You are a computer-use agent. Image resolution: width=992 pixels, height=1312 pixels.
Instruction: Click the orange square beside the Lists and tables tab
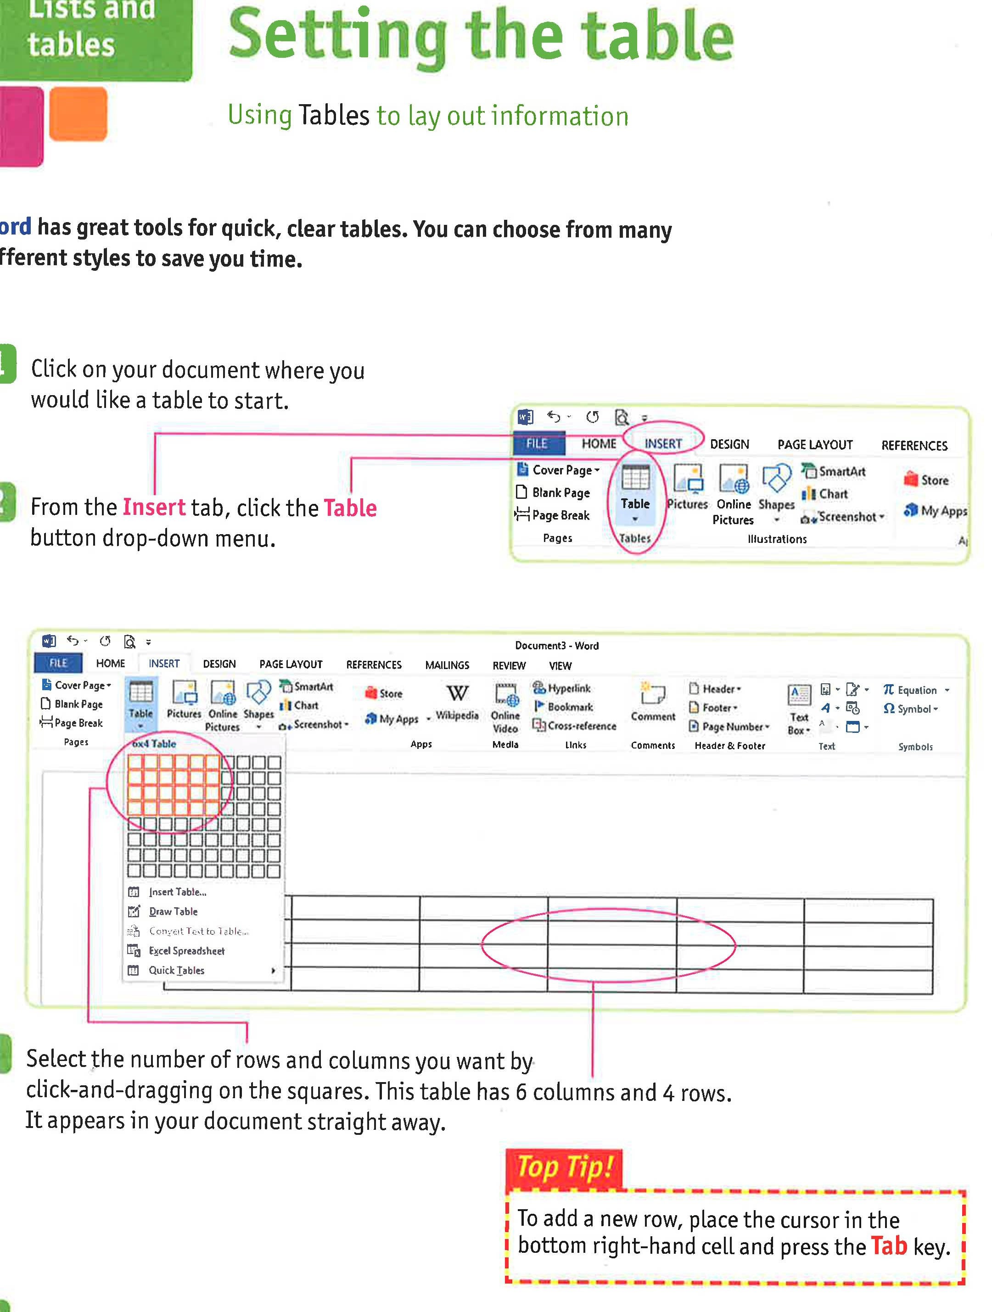tap(78, 114)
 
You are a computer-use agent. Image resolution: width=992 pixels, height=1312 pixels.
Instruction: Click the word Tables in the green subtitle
tap(334, 115)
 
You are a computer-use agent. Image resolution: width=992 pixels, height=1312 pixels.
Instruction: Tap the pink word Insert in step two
tap(154, 508)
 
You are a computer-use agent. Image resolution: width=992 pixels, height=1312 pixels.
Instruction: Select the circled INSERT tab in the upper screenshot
tap(663, 444)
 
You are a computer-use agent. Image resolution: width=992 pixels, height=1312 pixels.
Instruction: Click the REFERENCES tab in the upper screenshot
tap(914, 446)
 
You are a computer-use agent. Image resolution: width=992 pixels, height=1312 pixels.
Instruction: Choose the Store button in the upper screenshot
tap(927, 480)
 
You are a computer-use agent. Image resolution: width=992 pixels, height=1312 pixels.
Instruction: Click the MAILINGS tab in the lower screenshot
tap(447, 665)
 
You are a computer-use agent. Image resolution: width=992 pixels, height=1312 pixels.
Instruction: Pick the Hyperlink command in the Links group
tap(562, 688)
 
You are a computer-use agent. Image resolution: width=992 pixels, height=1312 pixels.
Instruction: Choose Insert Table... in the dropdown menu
tap(177, 892)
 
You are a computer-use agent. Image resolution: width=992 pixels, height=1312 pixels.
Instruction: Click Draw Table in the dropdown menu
tap(173, 912)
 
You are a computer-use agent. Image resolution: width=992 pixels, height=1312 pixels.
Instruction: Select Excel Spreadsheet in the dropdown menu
tap(186, 951)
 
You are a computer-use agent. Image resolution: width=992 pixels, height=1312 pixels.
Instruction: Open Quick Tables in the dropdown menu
tap(176, 971)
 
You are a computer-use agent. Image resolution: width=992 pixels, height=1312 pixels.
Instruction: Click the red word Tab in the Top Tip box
tap(888, 1246)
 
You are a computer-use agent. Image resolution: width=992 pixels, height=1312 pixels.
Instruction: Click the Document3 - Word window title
tap(556, 645)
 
